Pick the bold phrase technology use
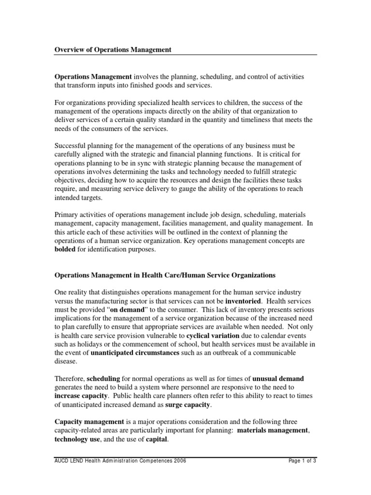click(x=76, y=439)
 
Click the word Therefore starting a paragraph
click(x=69, y=378)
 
